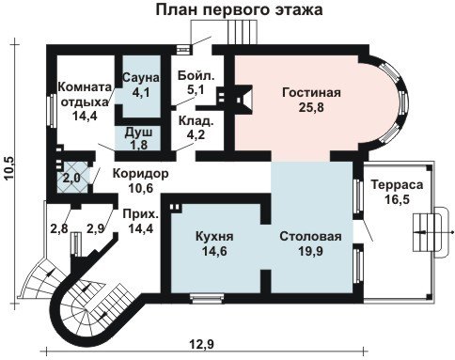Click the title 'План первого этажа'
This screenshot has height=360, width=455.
click(x=239, y=9)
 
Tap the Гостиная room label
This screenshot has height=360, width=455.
click(x=311, y=93)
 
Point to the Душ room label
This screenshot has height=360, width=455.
click(x=138, y=133)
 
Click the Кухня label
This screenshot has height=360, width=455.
click(x=214, y=236)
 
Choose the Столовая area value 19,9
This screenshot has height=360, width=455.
click(x=310, y=251)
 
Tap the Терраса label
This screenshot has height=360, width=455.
click(x=397, y=184)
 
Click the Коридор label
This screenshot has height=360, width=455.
click(x=140, y=173)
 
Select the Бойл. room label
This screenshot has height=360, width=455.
click(x=196, y=75)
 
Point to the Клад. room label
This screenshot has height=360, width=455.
click(x=196, y=120)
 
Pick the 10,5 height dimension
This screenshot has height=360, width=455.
click(x=10, y=168)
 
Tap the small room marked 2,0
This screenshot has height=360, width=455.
click(x=71, y=178)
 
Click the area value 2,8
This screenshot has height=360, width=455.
click(x=59, y=228)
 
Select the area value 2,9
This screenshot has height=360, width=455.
click(x=95, y=228)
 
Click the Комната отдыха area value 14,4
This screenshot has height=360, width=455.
click(x=85, y=116)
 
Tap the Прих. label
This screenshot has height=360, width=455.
click(x=141, y=214)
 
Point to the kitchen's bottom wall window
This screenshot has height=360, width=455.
click(x=208, y=298)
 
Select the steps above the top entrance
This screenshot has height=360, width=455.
click(x=243, y=32)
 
